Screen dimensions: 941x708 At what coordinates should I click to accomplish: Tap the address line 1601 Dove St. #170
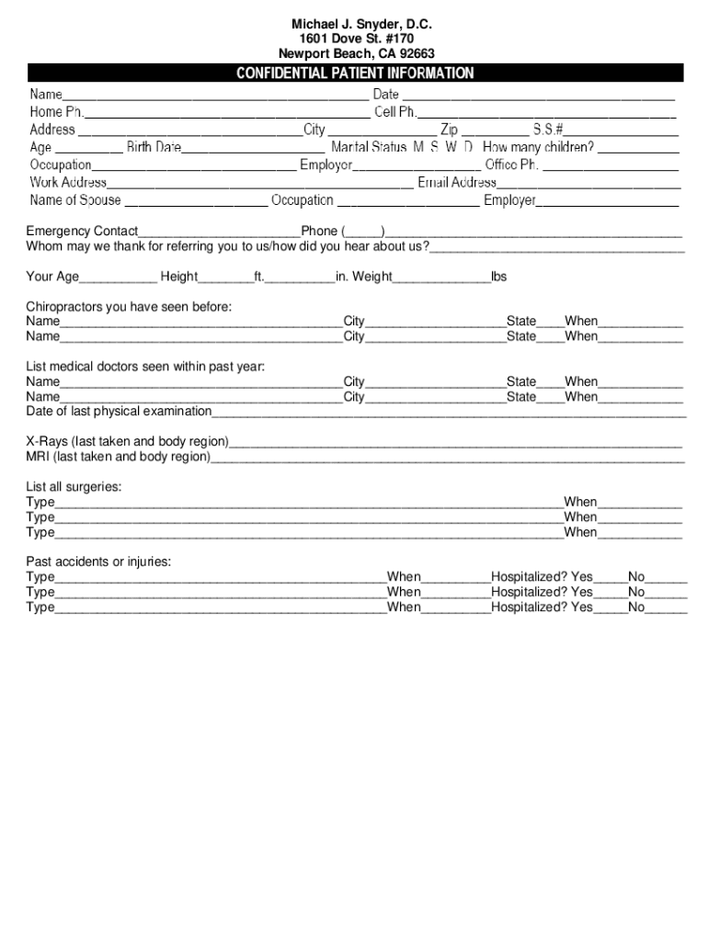click(x=356, y=39)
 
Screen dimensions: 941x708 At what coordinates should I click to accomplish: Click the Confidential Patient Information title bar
click(x=355, y=74)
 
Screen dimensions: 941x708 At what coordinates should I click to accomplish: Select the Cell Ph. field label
click(x=395, y=112)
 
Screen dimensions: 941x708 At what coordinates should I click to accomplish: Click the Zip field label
click(x=449, y=130)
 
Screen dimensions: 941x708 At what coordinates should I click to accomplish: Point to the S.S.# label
click(x=547, y=130)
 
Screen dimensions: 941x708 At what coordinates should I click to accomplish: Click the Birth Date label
click(x=154, y=147)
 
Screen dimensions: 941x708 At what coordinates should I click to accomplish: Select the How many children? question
click(x=538, y=147)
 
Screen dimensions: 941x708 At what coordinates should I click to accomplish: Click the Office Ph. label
click(x=511, y=165)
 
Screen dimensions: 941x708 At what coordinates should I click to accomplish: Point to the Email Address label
click(x=457, y=183)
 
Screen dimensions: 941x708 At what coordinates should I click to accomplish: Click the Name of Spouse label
click(x=75, y=200)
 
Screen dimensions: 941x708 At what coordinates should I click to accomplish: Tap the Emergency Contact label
click(x=82, y=232)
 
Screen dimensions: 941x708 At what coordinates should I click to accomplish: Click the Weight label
click(x=372, y=277)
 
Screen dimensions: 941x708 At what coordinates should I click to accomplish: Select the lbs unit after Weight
click(x=498, y=277)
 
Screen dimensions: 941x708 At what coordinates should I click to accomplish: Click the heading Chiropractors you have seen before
click(x=129, y=306)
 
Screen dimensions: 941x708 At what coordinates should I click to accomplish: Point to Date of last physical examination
click(x=119, y=411)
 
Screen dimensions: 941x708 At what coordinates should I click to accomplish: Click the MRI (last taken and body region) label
click(x=118, y=456)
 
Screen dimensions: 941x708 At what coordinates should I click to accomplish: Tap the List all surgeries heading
click(x=74, y=486)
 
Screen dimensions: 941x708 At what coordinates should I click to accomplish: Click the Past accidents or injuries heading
click(x=98, y=561)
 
